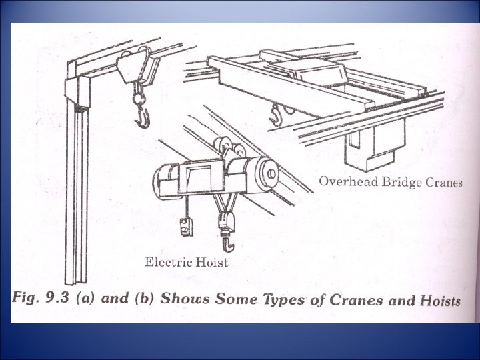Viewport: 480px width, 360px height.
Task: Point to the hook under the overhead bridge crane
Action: [x=273, y=117]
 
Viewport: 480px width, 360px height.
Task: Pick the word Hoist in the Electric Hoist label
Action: [x=212, y=262]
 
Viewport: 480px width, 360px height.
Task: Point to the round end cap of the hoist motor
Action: [x=272, y=175]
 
